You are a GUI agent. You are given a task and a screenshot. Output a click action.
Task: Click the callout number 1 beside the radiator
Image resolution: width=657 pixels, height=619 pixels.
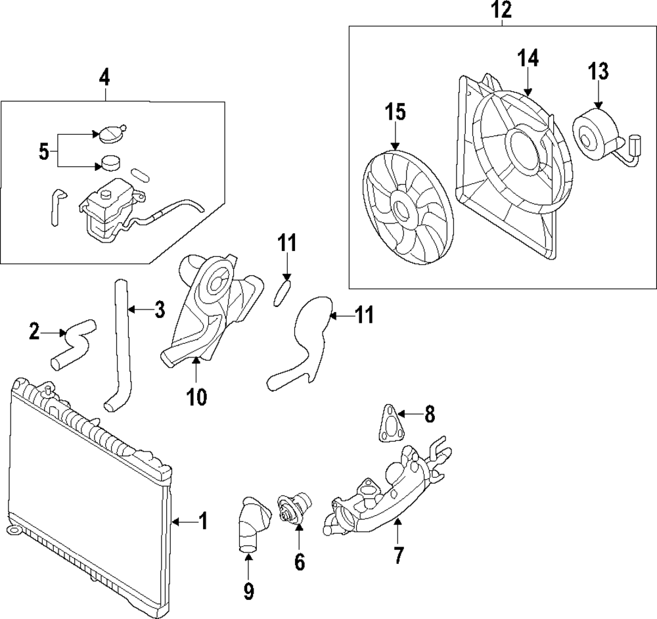point(203,522)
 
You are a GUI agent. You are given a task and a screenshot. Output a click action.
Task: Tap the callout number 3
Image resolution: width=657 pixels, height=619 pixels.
point(160,309)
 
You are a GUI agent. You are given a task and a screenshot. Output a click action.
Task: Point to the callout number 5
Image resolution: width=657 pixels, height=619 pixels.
point(43,152)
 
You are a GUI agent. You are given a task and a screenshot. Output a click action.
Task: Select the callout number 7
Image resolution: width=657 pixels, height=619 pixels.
point(399,555)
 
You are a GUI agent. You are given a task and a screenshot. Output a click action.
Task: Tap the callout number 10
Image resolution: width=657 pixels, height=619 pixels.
point(196,396)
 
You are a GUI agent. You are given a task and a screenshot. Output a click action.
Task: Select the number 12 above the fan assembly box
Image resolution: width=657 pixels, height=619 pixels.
point(503,11)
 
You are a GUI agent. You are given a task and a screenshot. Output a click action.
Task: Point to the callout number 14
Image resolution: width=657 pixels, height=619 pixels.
point(528,58)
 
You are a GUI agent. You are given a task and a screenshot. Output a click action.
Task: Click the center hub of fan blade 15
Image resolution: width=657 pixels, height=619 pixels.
point(400,208)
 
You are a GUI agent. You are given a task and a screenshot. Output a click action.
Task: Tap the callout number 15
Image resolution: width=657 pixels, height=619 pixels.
point(396,112)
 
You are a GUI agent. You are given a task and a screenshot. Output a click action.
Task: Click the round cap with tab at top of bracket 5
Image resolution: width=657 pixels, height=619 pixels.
point(110,134)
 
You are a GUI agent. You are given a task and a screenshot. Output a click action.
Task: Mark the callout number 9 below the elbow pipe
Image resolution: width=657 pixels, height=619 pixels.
point(249,592)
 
